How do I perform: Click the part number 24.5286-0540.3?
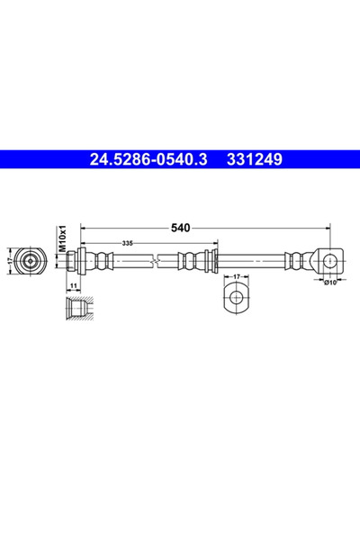[x=148, y=160]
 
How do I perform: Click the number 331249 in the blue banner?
[x=258, y=160]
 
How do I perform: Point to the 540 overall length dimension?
[x=181, y=229]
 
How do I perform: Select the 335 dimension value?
[x=130, y=244]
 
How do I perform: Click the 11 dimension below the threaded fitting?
[x=72, y=285]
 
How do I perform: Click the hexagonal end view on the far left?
[x=32, y=262]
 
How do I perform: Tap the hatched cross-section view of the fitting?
[x=77, y=310]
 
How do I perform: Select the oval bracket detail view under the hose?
[x=236, y=298]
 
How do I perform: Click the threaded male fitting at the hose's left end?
[x=74, y=262]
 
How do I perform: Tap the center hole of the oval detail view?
[x=236, y=297]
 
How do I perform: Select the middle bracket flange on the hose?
[x=212, y=262]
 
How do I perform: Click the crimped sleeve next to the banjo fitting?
[x=294, y=262]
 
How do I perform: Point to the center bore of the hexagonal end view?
[x=32, y=262]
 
